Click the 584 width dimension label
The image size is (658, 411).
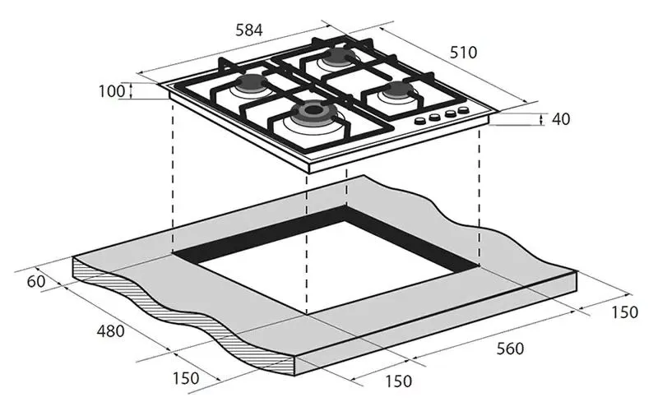(249, 30)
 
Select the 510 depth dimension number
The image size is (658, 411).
(464, 53)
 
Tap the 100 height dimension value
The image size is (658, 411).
(112, 91)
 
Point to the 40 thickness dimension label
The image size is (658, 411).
(561, 119)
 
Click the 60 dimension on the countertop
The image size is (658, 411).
(36, 281)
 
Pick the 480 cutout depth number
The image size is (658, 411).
(111, 331)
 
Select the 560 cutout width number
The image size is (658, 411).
(510, 349)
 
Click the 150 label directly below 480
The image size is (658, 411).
(186, 378)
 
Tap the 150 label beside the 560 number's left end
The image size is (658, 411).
(399, 381)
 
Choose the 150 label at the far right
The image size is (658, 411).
(625, 312)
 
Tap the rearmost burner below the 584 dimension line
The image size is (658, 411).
(338, 56)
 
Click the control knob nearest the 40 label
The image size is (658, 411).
(463, 110)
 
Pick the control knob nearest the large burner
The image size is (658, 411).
(419, 121)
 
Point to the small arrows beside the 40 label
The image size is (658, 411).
(542, 119)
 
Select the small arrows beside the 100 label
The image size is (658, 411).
(131, 90)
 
